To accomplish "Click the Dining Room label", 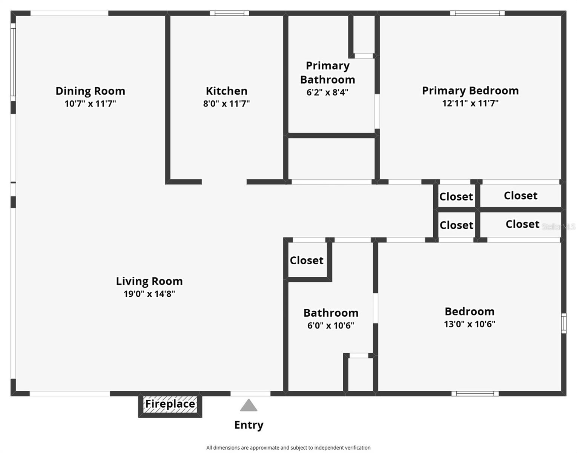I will (90, 91).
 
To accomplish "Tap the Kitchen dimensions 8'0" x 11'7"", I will (226, 103).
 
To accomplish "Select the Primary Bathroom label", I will (327, 72).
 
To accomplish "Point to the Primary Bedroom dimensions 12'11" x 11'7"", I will (470, 103).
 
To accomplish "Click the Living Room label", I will (149, 281).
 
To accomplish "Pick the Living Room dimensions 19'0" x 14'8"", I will (149, 294).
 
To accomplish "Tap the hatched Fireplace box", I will (170, 404).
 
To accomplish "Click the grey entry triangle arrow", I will (249, 406).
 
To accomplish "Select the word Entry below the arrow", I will (249, 425).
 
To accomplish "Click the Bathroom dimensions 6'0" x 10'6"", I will (330, 325).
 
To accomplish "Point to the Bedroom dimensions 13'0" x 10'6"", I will (469, 324).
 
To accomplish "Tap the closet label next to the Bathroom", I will (306, 260).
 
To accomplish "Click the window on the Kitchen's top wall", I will (229, 13).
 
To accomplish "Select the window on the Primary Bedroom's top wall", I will (477, 13).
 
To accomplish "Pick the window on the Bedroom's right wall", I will (563, 323).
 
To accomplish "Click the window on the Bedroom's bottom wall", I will (475, 394).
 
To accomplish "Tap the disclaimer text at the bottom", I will (288, 448).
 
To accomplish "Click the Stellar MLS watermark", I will (559, 227).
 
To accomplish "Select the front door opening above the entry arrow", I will (250, 394).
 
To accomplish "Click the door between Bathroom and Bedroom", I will (376, 308).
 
